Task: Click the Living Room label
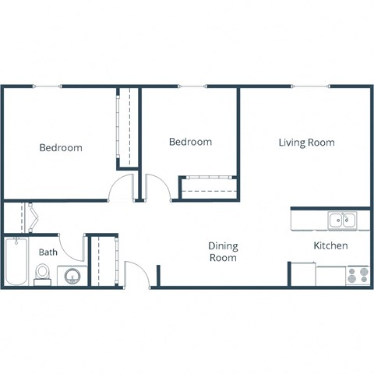pos(306,143)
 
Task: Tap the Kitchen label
pos(330,245)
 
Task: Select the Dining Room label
pos(222,251)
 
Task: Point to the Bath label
pos(48,252)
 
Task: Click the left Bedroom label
pos(61,147)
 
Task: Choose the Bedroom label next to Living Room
pos(191,142)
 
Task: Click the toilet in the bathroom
pos(44,273)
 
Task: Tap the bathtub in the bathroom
pos(16,263)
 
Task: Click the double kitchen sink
pos(341,221)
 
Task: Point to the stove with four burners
pos(357,275)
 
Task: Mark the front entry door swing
pos(136,274)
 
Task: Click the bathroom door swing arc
pos(74,248)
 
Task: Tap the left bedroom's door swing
pos(122,188)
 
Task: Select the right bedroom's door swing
pos(157,187)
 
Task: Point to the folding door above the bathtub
pos(32,217)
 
